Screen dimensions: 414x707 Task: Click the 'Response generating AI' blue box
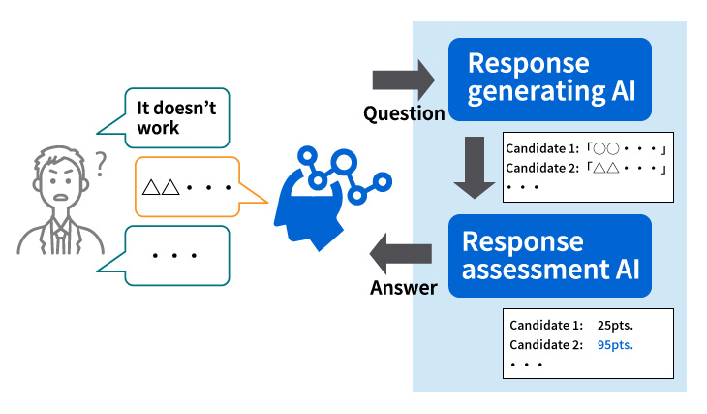549,79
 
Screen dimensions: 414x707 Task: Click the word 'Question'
404,114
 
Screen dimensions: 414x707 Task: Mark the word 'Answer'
403,288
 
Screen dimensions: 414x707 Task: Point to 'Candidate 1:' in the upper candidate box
541,149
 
